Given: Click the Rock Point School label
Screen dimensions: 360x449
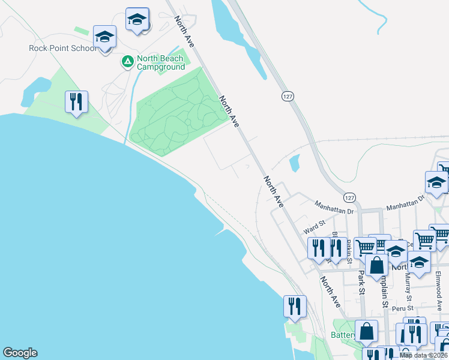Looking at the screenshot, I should pyautogui.click(x=62, y=48).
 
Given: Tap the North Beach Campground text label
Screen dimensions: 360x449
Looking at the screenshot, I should pyautogui.click(x=160, y=62).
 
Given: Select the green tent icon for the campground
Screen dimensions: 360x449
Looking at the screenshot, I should pyautogui.click(x=127, y=61).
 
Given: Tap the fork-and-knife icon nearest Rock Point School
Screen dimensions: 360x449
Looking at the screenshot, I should pyautogui.click(x=76, y=103).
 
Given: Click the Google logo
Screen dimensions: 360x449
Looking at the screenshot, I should pyautogui.click(x=20, y=353).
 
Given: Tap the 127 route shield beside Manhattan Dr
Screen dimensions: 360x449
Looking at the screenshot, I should pyautogui.click(x=350, y=197).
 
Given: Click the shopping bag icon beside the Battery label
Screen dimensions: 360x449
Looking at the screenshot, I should pyautogui.click(x=366, y=332).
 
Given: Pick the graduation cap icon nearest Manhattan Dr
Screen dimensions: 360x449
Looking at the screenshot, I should pyautogui.click(x=436, y=184).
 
